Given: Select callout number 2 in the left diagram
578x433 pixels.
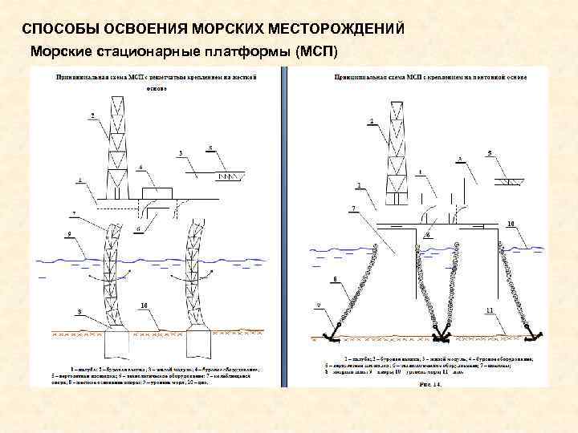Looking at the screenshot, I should tap(92, 116).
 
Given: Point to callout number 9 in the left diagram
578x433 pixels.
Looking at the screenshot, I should tap(69, 234).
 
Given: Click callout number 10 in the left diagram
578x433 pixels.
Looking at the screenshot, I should tap(144, 306).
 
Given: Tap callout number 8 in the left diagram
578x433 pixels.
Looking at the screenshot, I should tap(79, 310).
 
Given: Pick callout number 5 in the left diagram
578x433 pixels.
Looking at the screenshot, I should tap(210, 148).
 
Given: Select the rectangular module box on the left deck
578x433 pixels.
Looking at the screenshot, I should tap(161, 193).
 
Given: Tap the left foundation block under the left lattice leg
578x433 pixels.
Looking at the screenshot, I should tap(116, 346).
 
